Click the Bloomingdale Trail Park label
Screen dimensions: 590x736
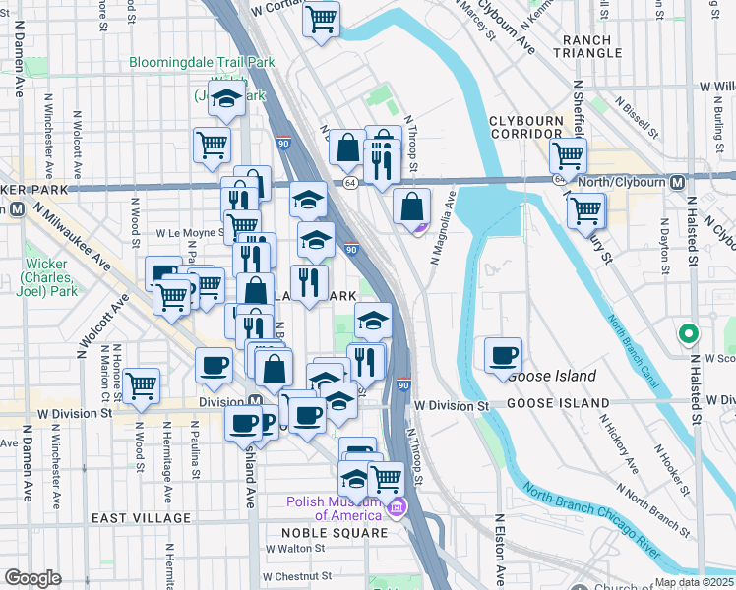(x=203, y=62)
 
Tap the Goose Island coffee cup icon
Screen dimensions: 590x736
(x=503, y=356)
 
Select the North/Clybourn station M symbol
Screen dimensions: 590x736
(x=677, y=183)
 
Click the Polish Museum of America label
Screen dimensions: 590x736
(x=334, y=508)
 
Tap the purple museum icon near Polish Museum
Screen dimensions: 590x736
(x=397, y=507)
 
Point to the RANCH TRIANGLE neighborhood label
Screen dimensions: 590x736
(x=588, y=47)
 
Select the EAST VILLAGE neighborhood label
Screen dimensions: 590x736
(x=141, y=518)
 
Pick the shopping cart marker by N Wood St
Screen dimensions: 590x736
(x=142, y=385)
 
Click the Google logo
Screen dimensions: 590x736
(x=33, y=578)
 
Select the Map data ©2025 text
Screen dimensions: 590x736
(x=694, y=582)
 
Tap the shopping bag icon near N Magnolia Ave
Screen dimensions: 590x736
(x=412, y=206)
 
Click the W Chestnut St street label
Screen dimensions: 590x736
(x=295, y=576)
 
